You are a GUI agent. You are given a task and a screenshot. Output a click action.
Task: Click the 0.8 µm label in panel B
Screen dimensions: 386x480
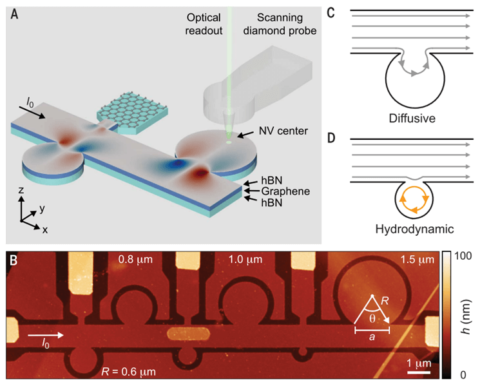[134, 260]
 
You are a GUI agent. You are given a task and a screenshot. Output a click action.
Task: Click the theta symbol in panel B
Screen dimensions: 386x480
[373, 318]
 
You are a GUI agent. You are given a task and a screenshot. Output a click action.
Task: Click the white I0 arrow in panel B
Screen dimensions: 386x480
[48, 335]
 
